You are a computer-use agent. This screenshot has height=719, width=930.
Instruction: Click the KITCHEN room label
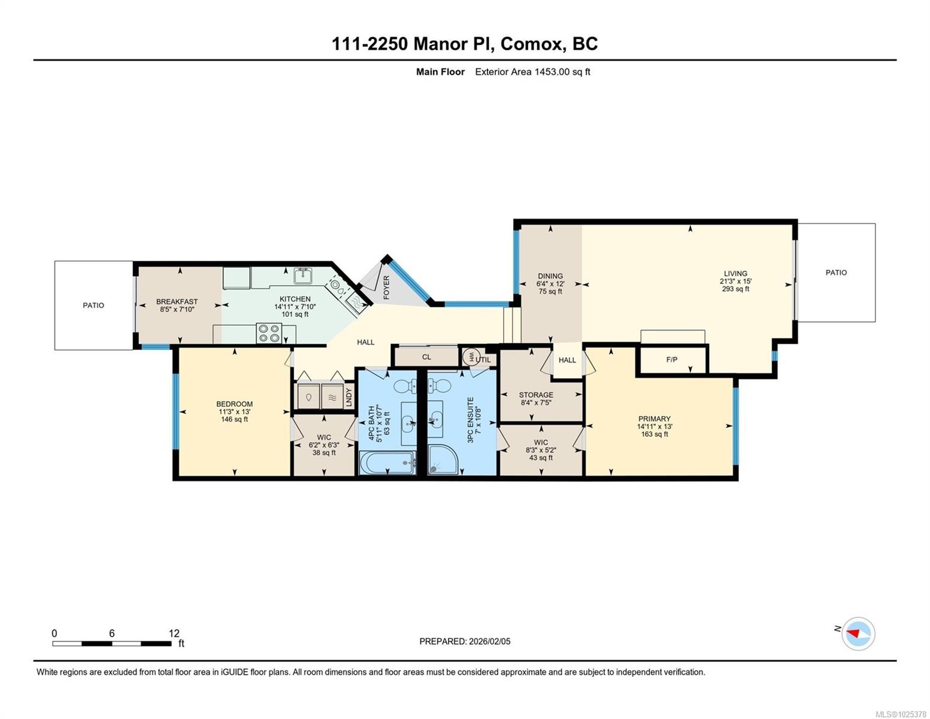(295, 299)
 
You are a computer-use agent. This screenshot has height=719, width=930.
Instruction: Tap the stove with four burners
(269, 334)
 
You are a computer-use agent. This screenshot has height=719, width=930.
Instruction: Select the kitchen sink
(304, 275)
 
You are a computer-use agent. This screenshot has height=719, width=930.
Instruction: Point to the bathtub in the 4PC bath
(388, 463)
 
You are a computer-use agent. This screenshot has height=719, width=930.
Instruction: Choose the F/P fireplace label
(671, 359)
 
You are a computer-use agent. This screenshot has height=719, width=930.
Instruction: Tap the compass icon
(858, 633)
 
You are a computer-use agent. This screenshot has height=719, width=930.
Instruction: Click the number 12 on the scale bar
(174, 633)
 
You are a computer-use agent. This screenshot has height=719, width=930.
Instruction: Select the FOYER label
(386, 288)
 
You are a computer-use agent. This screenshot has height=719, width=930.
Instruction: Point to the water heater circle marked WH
(470, 357)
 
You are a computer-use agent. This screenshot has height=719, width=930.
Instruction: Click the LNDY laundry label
(349, 397)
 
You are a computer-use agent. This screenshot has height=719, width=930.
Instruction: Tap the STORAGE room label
(536, 395)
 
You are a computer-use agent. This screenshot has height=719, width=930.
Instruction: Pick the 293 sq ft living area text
(735, 289)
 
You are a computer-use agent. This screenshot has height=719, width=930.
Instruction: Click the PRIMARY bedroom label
(655, 419)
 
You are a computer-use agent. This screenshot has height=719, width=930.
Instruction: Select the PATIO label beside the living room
(836, 273)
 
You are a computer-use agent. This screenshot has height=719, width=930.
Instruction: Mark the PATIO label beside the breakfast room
(93, 306)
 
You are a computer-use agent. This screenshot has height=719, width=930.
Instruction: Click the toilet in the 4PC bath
(404, 386)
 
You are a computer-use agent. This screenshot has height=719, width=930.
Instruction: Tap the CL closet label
(426, 357)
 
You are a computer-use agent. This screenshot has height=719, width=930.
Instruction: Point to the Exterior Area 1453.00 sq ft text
(532, 72)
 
